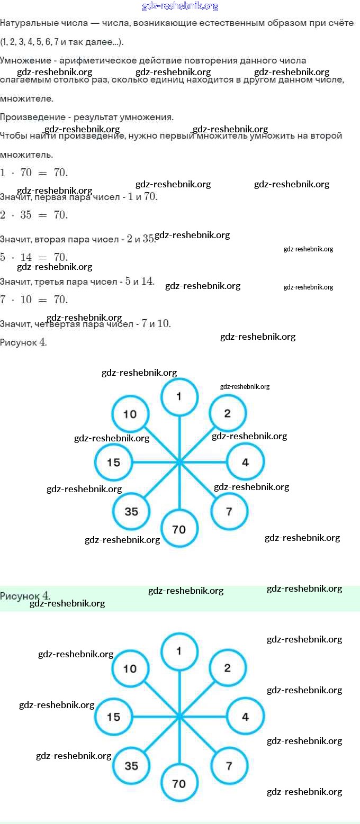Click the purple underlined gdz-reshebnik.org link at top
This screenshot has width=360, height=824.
tap(180, 6)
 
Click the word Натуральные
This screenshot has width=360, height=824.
tap(25, 24)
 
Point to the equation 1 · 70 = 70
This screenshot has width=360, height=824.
tap(34, 173)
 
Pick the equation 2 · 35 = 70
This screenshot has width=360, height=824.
tap(34, 215)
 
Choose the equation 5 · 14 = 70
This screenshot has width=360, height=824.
tap(34, 257)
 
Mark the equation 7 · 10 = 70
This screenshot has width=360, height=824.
tap(34, 300)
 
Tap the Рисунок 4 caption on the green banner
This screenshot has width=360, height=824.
tap(25, 596)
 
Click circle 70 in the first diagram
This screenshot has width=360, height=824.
tap(179, 529)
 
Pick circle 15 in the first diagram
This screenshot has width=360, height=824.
tap(113, 463)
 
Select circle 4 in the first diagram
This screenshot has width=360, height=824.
tap(245, 463)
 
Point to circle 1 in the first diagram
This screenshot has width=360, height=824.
tap(179, 396)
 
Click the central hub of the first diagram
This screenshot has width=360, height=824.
tap(179, 463)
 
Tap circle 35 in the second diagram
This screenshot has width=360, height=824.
tap(131, 766)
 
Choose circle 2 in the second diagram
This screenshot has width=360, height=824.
tap(228, 668)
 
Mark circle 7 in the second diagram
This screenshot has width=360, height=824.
tap(229, 766)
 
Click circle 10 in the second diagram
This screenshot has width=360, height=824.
tap(130, 669)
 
